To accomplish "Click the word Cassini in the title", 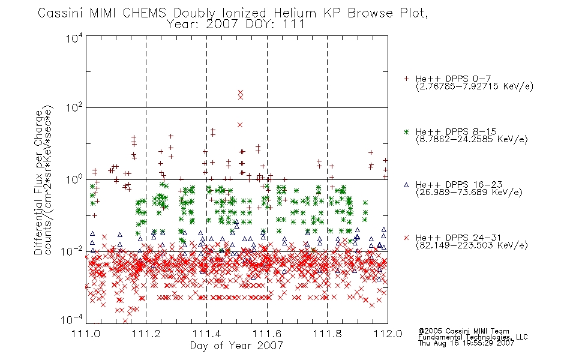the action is click(x=61, y=13).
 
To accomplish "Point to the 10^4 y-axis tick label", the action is click(x=74, y=38).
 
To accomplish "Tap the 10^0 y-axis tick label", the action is click(x=74, y=179).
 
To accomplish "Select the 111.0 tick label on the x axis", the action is click(x=86, y=334).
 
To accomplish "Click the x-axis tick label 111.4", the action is click(x=206, y=334).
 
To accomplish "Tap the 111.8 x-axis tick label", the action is click(x=327, y=334).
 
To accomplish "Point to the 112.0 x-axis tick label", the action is click(x=388, y=334).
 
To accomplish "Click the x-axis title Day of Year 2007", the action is click(x=236, y=346).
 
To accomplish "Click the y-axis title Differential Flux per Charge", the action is click(x=38, y=182).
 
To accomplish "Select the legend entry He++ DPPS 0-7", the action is click(x=453, y=79).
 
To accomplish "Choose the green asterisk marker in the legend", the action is click(x=406, y=132).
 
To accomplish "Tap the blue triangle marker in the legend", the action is click(x=406, y=185).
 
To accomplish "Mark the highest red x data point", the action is click(x=241, y=92).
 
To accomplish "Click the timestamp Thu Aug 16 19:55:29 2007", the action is click(x=466, y=343).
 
